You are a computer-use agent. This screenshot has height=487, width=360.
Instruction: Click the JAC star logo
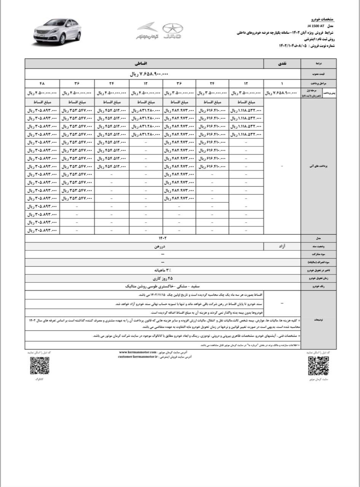173,30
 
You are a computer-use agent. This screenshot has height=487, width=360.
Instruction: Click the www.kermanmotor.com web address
138,353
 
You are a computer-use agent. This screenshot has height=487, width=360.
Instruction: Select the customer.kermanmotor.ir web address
138,358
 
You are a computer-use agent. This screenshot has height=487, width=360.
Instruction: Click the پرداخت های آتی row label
319,167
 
